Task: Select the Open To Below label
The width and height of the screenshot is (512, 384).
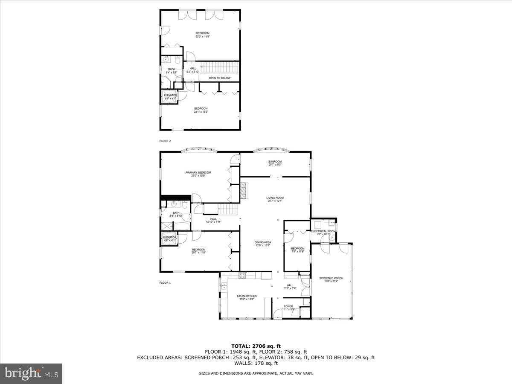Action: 219,78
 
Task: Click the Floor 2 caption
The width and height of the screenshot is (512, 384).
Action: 165,140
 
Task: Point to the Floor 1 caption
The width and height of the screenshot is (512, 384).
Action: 165,282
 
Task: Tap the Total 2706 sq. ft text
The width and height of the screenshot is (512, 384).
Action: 256,346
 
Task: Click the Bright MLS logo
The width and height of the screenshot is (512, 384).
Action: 31,373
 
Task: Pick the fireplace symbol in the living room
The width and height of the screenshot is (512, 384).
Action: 244,191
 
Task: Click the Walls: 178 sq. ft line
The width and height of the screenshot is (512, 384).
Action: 256,363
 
